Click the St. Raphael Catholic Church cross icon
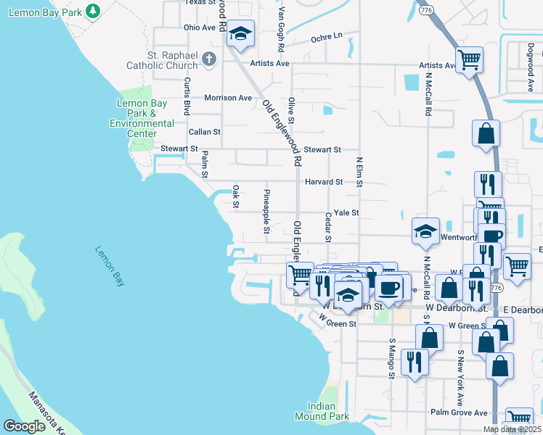(x=209, y=59)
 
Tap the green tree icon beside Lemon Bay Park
(x=92, y=11)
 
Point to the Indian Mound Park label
(x=322, y=411)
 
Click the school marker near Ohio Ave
(x=240, y=33)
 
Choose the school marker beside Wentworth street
(x=425, y=231)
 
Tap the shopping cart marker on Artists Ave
(x=470, y=59)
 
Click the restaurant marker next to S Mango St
(x=415, y=362)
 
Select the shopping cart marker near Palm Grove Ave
(x=519, y=418)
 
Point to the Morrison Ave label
(x=228, y=98)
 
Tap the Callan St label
(x=205, y=132)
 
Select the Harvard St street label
(x=323, y=182)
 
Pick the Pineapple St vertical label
(x=266, y=207)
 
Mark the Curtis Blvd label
(x=187, y=96)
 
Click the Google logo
(x=25, y=426)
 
